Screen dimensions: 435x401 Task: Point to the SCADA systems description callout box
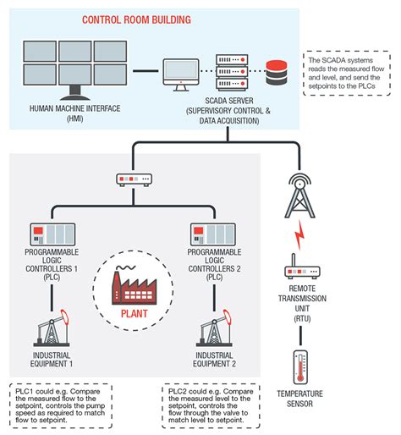348,74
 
